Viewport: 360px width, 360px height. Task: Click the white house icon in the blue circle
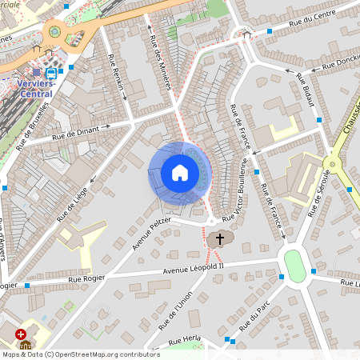[180, 173]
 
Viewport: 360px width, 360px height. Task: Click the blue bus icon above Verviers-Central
[51, 73]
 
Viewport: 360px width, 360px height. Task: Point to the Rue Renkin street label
[117, 78]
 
